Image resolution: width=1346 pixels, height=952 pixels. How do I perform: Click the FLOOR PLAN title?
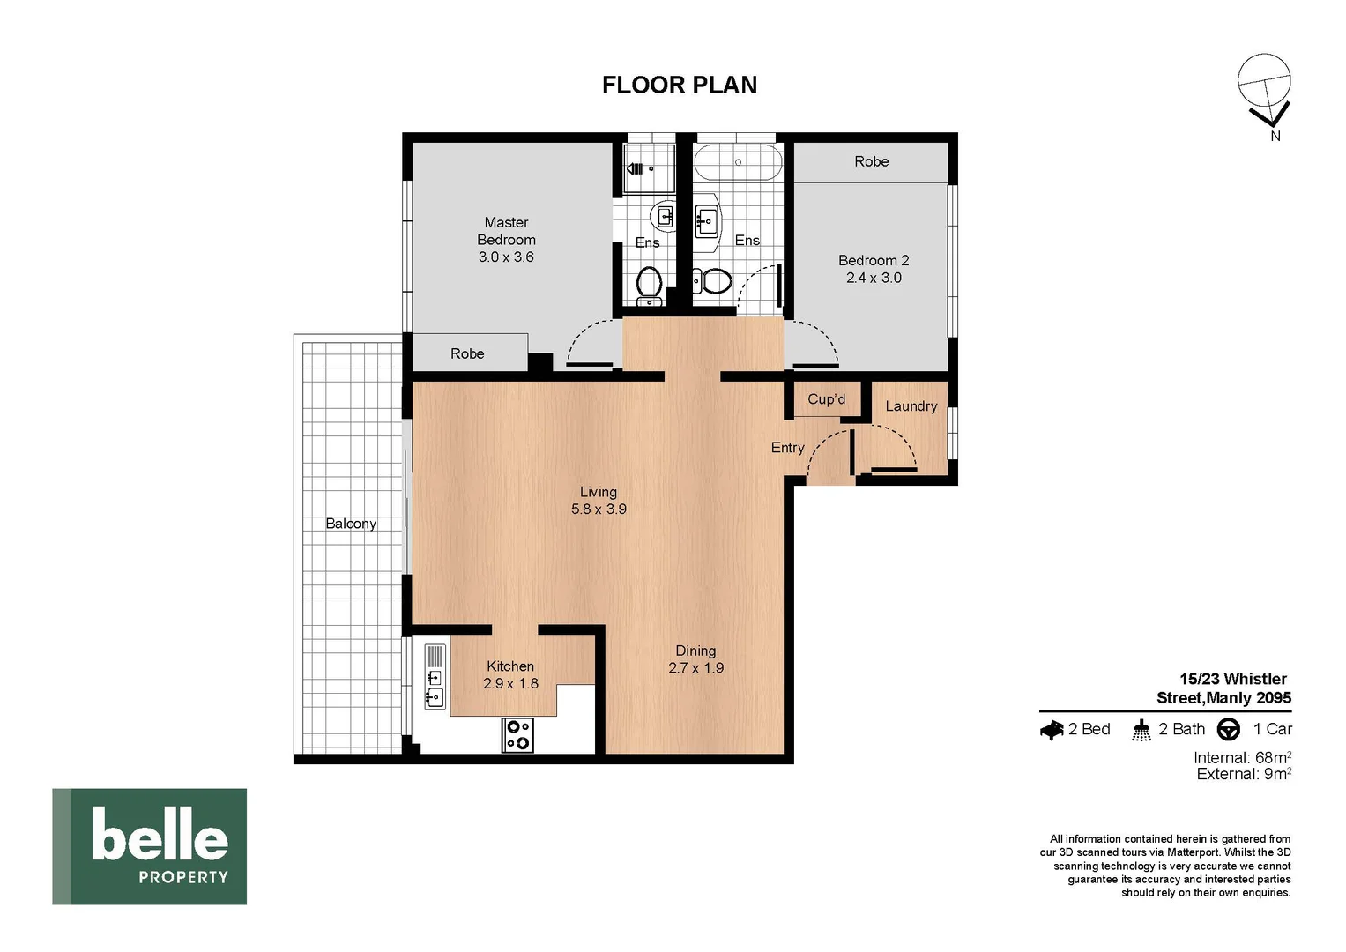(679, 85)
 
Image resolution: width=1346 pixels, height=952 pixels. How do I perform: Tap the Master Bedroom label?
(506, 231)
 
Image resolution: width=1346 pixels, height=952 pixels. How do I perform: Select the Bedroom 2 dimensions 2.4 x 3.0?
(874, 278)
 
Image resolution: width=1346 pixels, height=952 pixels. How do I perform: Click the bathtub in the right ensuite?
(738, 162)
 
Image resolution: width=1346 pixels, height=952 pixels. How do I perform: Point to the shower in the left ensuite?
(649, 168)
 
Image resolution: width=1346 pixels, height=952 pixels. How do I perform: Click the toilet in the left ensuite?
(649, 284)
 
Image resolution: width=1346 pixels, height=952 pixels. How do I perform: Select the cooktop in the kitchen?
(517, 735)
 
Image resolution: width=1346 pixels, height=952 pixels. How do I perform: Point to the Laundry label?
(911, 406)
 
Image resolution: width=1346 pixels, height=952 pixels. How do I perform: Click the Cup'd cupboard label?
(826, 399)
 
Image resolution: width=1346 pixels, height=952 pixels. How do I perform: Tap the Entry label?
(787, 448)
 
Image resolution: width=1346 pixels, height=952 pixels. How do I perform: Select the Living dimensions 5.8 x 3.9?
(599, 509)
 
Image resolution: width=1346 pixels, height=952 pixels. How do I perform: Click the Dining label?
(695, 651)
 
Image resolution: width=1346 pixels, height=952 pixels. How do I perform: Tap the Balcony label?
(351, 524)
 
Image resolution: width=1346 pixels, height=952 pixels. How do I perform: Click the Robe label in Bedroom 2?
(871, 161)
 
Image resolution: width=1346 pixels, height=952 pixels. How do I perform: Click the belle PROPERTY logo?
(150, 846)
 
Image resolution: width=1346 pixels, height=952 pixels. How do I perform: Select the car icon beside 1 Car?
(1228, 730)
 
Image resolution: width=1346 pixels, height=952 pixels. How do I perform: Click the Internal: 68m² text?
(1242, 758)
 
